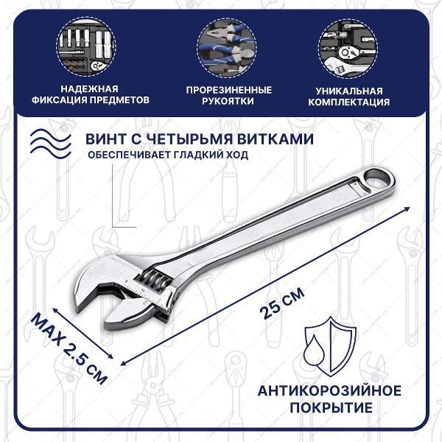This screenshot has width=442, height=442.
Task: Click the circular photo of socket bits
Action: pos(86,47)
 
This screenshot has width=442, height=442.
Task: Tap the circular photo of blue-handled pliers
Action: pos(227,47)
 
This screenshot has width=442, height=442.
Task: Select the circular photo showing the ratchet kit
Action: pos(348,49)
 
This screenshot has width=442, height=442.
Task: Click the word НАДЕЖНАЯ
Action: pos(90,89)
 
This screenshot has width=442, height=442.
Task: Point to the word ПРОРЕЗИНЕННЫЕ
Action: pos(229,90)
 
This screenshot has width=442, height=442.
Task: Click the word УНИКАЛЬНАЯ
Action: pos(349,91)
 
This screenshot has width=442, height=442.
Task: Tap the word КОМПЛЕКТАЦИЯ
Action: pos(349,102)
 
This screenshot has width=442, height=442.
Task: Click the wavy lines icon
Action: pos(51,144)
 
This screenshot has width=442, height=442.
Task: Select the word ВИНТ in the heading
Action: pos(105,139)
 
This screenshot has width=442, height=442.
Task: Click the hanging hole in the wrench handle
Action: pos(378,178)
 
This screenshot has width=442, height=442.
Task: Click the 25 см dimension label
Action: pos(283,304)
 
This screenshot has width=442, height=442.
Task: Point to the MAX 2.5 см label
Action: pos(69,348)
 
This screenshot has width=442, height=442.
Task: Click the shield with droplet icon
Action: pos(330,346)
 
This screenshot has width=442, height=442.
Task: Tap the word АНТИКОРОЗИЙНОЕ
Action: pos(329,391)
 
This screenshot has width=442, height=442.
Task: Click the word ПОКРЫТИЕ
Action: pos(331,407)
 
